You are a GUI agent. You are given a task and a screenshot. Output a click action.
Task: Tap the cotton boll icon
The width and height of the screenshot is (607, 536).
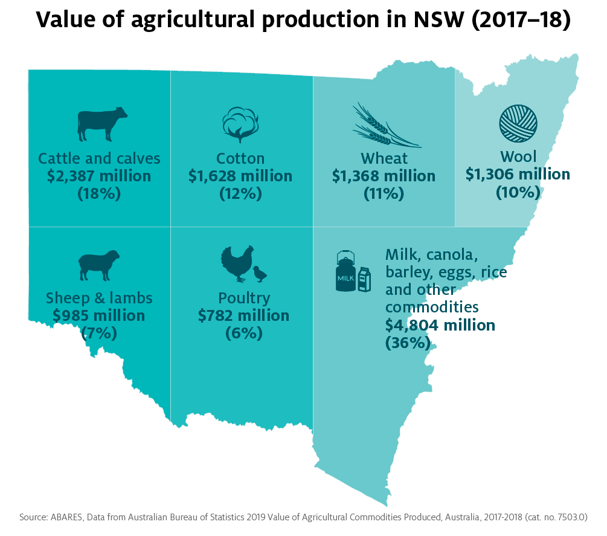[x=240, y=123]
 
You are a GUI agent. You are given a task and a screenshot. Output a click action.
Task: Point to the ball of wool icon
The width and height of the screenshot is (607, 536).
[x=518, y=123]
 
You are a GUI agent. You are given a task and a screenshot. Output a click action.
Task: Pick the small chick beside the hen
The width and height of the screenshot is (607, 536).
[x=260, y=274]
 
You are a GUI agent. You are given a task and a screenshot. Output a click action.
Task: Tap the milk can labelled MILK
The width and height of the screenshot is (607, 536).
[x=345, y=273]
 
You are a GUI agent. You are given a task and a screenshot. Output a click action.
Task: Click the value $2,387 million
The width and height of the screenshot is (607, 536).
[x=98, y=176]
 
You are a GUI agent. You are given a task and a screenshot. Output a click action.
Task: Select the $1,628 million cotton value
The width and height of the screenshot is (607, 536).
[x=240, y=176]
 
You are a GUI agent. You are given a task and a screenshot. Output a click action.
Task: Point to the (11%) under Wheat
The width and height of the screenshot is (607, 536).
[x=384, y=194]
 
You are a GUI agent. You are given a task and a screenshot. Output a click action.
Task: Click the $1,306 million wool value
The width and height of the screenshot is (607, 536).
[x=518, y=175]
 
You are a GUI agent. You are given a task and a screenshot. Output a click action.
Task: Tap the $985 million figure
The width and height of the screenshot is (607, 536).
[x=98, y=315]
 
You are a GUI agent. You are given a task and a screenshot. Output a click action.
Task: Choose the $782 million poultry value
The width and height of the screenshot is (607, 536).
[x=243, y=315]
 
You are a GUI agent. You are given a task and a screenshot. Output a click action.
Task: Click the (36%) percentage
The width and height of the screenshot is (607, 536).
[x=408, y=343]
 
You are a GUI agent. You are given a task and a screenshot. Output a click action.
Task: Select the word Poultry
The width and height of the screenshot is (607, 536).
[x=243, y=298]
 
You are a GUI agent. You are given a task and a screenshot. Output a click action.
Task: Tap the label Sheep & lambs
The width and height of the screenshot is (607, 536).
[x=98, y=298]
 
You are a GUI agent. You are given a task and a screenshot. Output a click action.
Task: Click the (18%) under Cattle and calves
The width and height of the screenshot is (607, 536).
[x=98, y=194]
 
